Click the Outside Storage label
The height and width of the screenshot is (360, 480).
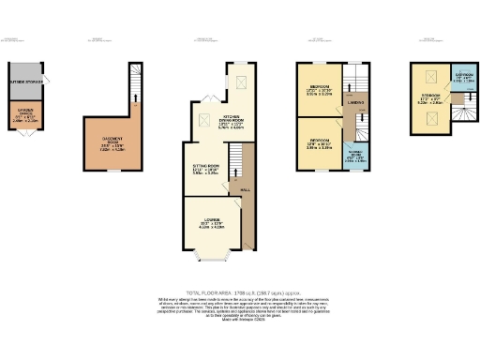(25, 82)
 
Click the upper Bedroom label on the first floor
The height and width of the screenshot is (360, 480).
(318, 89)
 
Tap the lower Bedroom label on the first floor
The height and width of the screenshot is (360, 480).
(318, 143)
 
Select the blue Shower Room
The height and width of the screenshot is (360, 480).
(357, 157)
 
